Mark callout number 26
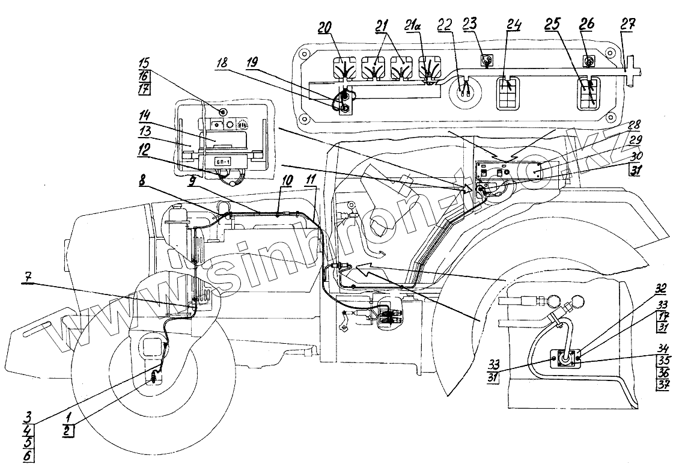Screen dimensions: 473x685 click(586, 25)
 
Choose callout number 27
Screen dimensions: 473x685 click(627, 23)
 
